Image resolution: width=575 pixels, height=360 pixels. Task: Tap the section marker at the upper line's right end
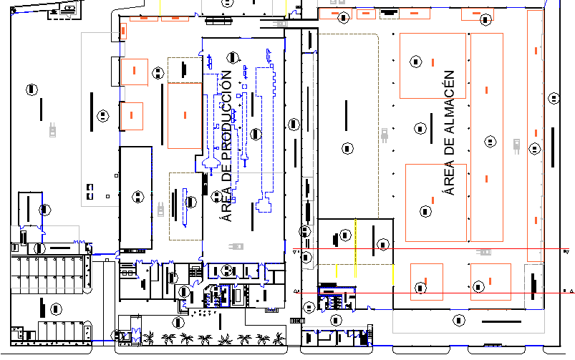(x=566, y=251)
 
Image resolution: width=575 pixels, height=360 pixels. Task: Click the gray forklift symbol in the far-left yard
(x=52, y=130)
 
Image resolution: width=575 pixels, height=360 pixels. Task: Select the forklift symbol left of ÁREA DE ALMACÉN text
(x=385, y=134)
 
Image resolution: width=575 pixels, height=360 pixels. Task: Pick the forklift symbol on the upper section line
(x=484, y=251)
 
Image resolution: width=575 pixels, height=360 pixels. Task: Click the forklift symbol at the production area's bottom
(x=234, y=247)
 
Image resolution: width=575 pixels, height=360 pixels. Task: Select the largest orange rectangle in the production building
(x=185, y=115)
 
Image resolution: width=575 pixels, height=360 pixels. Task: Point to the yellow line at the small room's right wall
(x=392, y=273)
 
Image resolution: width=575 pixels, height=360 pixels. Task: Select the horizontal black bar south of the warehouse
(x=501, y=322)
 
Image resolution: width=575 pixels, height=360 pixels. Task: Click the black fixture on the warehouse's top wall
(x=389, y=12)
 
